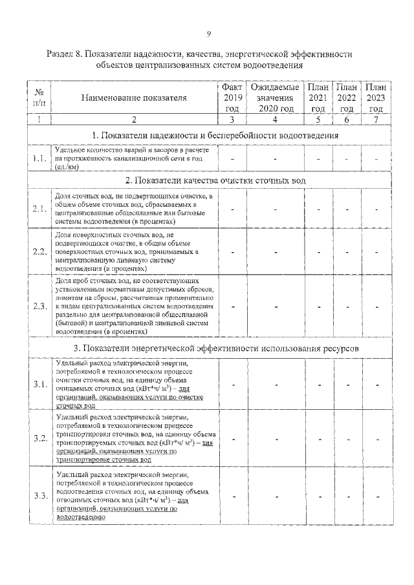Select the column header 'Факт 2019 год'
click(x=232, y=98)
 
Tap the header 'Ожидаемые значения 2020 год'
click(x=275, y=98)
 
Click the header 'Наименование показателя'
click(x=134, y=98)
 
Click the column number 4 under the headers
click(x=275, y=120)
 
